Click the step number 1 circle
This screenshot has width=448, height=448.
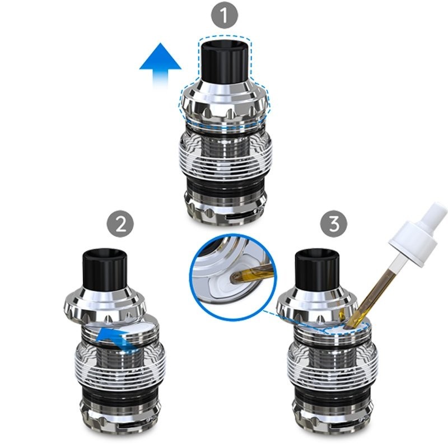point(225,15)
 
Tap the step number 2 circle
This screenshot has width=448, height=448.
point(120,224)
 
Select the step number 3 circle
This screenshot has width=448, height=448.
point(334,223)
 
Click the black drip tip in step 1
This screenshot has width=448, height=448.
point(225,61)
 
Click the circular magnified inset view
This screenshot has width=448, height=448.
point(233,276)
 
